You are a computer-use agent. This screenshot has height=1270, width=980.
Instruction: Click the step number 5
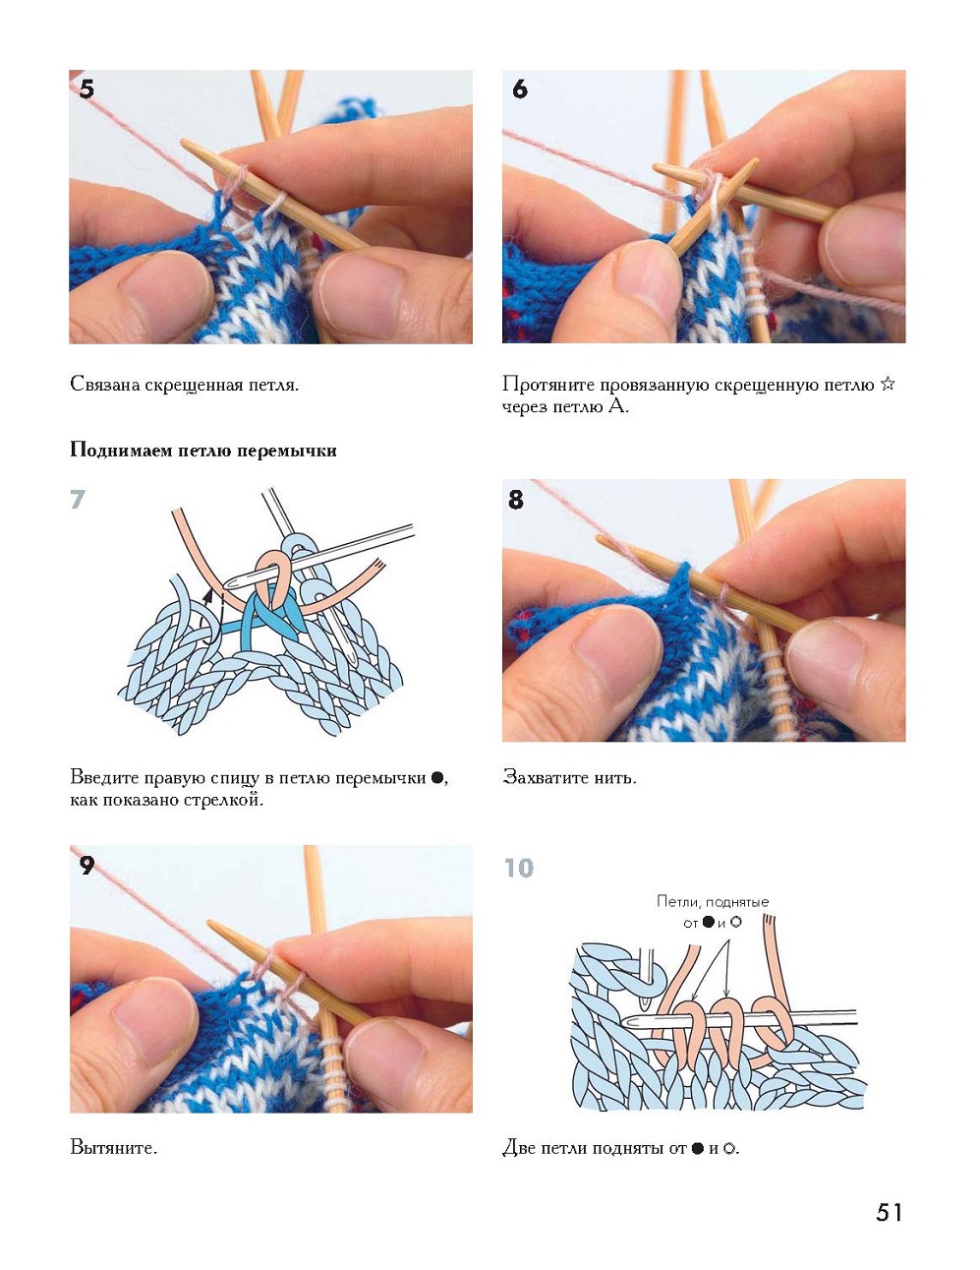[x=86, y=90]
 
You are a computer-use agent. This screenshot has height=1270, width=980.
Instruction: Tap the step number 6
[x=520, y=90]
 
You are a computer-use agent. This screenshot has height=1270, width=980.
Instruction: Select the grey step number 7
[x=78, y=500]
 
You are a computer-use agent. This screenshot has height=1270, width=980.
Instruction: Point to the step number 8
[x=516, y=500]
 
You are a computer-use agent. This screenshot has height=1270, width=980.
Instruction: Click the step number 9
[x=86, y=866]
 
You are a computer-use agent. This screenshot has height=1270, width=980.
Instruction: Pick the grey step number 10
[x=518, y=868]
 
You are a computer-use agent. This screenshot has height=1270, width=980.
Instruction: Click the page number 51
[x=889, y=1212]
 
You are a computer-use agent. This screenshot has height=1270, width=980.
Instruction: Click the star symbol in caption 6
[x=888, y=384]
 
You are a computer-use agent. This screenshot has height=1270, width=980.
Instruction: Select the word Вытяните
[x=113, y=1147]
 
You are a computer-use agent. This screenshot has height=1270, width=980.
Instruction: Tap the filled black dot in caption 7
[x=437, y=777]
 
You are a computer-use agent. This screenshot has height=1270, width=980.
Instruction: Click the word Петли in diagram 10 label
[x=675, y=901]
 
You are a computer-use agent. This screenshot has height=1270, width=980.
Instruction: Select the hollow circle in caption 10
[x=729, y=1148]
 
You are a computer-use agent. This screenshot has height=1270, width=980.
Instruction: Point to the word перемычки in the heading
[x=294, y=451]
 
